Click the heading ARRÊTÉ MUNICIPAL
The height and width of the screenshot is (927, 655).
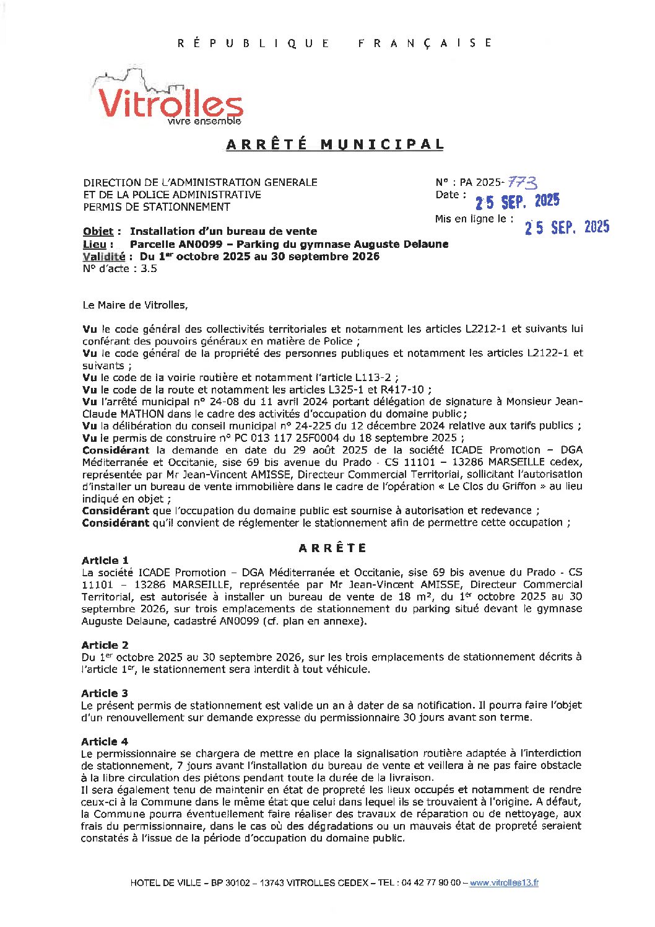coord(335,144)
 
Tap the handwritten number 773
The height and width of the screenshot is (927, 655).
coord(522,182)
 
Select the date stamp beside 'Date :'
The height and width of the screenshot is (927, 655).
coord(517,201)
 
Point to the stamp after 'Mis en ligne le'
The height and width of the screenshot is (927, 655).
coord(567,227)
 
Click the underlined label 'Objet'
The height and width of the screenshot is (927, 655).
coord(98,232)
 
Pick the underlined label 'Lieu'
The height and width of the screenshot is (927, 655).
coord(95,244)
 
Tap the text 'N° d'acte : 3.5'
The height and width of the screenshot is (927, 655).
coord(119,269)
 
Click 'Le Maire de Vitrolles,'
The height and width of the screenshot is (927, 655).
coord(135,305)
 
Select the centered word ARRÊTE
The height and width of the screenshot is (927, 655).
coord(332,548)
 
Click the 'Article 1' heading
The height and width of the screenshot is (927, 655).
coord(105,560)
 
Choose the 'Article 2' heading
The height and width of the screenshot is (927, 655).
coord(105,645)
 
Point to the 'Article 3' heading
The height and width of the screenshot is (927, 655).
coord(105,693)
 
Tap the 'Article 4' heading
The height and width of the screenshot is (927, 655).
coord(105,742)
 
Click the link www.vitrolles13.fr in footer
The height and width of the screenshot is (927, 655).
coord(504,883)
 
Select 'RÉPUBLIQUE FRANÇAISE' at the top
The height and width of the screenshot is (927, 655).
coord(335,43)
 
